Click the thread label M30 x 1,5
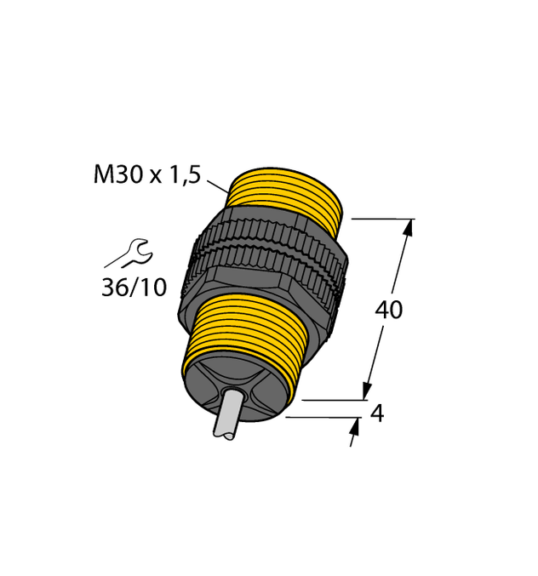(x=146, y=175)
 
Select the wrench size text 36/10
(x=134, y=288)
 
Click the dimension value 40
(x=389, y=311)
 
